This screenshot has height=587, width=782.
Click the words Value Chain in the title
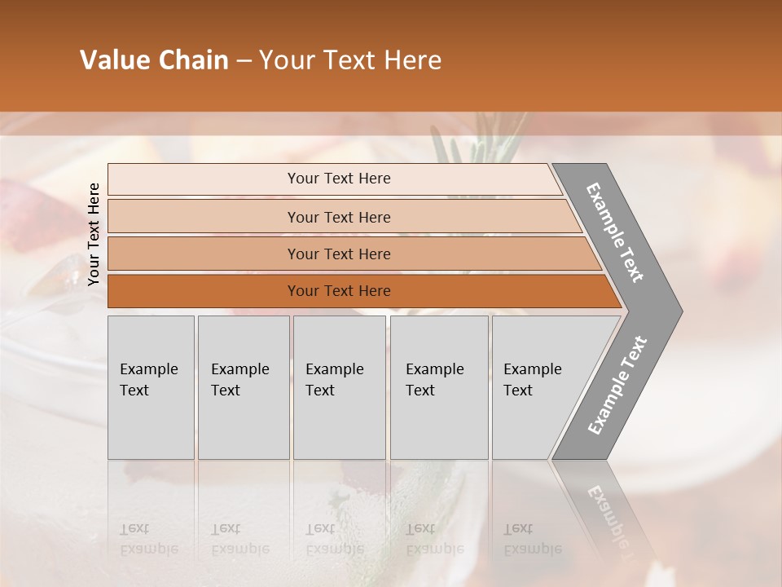pyautogui.click(x=154, y=60)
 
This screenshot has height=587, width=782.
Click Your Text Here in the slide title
pyautogui.click(x=350, y=60)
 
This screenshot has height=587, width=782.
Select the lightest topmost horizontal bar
pyautogui.click(x=338, y=179)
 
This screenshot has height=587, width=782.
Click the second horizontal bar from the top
pyautogui.click(x=338, y=217)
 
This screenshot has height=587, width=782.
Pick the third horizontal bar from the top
pyautogui.click(x=338, y=254)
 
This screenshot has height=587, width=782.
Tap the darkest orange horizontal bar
pyautogui.click(x=338, y=291)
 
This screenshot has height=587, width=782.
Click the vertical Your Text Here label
pyautogui.click(x=94, y=234)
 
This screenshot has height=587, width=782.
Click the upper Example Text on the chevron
pyautogui.click(x=616, y=232)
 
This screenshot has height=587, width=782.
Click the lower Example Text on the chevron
pyautogui.click(x=617, y=385)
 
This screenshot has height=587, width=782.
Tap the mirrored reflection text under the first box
pyautogui.click(x=149, y=539)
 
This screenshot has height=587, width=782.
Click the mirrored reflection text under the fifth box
pyautogui.click(x=532, y=539)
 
